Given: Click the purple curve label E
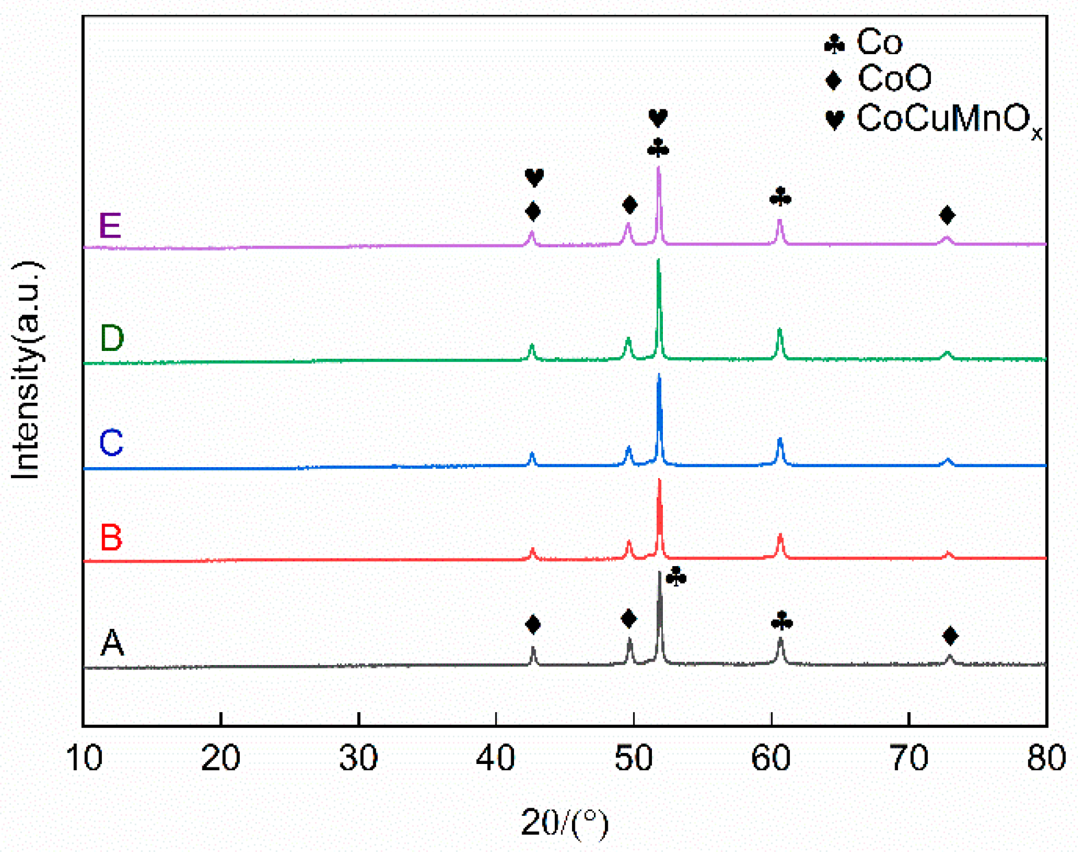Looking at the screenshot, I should [110, 226].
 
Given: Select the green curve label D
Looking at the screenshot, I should [112, 338].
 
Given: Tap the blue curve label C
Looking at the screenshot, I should [111, 442].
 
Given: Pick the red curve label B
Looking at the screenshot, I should [111, 538].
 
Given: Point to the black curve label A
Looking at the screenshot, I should [112, 642].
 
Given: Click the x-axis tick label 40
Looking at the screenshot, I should [496, 758].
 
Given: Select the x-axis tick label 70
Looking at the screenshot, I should [909, 758].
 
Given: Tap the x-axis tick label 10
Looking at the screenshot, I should [85, 758].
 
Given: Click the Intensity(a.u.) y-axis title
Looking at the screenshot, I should [26, 371].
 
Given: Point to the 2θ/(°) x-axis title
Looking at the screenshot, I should [564, 823].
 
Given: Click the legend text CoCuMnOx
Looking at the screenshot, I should [949, 120].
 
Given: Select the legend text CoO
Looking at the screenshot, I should [895, 78].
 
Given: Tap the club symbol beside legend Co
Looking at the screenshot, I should [834, 44].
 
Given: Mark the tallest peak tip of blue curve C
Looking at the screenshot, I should [659, 376].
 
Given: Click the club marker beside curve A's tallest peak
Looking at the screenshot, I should [676, 576].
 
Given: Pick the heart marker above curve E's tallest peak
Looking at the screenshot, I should [658, 118].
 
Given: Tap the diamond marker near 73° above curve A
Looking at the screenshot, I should [950, 636].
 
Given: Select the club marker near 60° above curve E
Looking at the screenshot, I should [780, 197].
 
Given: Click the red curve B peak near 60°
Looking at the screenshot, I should [780, 536].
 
